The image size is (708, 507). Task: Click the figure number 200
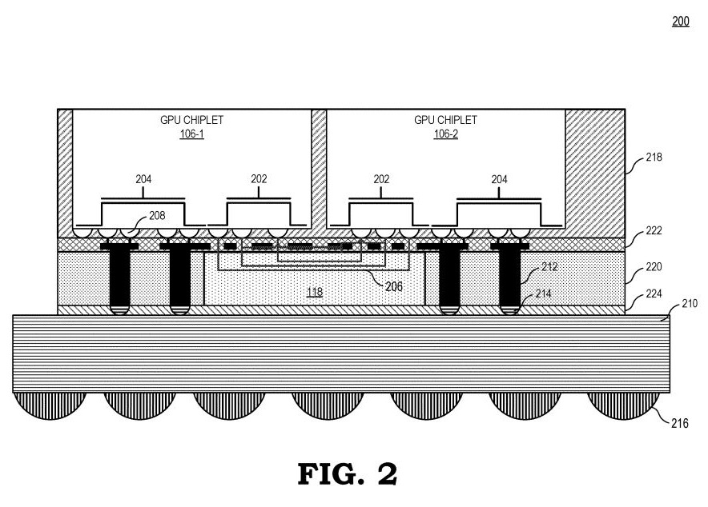tap(680, 22)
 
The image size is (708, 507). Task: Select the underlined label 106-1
tap(191, 134)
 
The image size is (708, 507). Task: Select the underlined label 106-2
tap(445, 134)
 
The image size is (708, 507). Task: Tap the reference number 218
tap(655, 158)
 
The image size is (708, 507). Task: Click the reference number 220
tap(655, 267)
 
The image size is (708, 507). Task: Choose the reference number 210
tap(688, 303)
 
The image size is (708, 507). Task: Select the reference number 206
tap(392, 285)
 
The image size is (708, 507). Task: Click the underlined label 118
tap(315, 293)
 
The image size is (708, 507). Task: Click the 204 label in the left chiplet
tap(143, 180)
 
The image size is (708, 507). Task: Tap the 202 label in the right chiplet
tap(381, 180)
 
